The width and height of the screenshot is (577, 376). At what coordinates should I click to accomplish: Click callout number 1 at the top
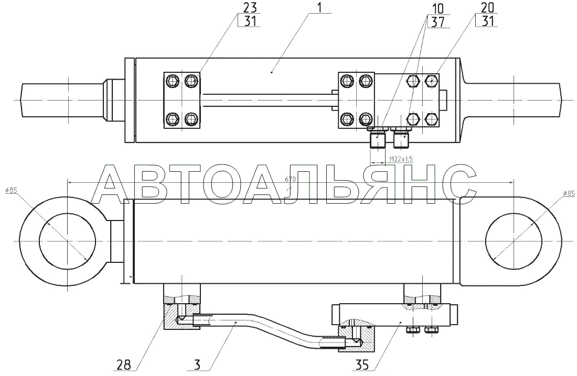319,7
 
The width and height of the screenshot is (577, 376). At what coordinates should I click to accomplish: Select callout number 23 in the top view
250,7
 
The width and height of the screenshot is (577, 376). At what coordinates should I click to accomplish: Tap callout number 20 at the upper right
486,7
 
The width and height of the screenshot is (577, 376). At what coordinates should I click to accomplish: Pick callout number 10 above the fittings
437,8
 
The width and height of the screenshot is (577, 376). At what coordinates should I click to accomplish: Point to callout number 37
437,21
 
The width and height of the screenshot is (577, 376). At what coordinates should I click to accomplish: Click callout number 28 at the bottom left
124,365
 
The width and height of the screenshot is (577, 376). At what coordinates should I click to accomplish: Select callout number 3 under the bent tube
197,365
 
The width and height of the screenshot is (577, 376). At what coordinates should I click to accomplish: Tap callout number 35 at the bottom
362,365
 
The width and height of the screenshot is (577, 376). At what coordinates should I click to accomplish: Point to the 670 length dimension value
290,180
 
